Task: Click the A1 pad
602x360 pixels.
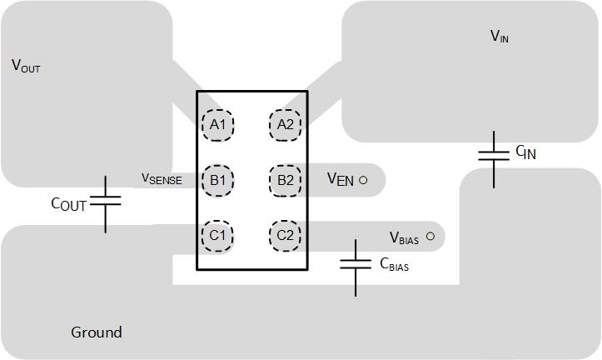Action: click(218, 125)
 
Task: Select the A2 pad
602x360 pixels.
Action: click(285, 125)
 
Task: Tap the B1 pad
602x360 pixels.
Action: click(218, 180)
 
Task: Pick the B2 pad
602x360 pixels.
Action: click(285, 180)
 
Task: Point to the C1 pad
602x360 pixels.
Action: click(218, 235)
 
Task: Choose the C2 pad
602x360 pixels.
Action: click(285, 235)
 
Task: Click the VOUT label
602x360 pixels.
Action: click(26, 67)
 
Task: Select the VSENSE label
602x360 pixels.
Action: click(162, 178)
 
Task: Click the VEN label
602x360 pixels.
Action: click(341, 179)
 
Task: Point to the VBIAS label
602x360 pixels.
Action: click(404, 238)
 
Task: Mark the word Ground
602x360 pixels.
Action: click(97, 332)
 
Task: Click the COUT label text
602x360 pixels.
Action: click(68, 204)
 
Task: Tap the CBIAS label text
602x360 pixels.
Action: click(394, 265)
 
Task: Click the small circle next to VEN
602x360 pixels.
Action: click(363, 180)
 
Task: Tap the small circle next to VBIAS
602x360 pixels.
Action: click(430, 237)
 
